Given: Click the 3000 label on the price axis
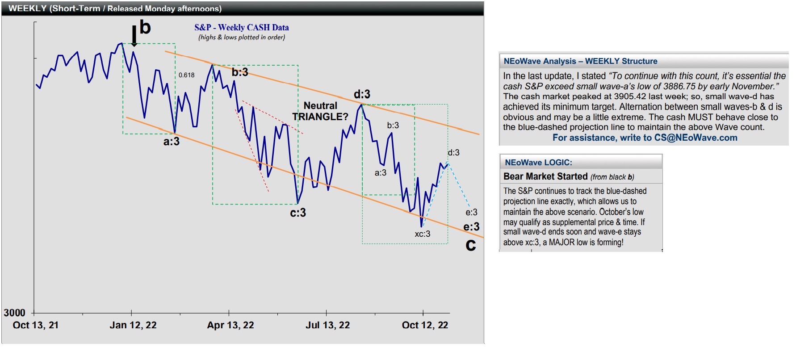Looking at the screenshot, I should pos(15,313).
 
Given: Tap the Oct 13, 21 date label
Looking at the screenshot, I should pos(36,325).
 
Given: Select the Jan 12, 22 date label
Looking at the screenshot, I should pos(133,325).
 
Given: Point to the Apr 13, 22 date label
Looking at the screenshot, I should pos(230,325).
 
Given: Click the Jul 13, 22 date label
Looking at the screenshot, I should pos(328,325).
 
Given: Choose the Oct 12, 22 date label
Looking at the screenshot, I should pos(425,325).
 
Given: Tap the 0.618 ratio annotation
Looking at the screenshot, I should pos(187,75).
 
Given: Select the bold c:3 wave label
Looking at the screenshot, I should pos(298,213).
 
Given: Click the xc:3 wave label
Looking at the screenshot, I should pos(422,234).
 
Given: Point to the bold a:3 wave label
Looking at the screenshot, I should pos(172,142).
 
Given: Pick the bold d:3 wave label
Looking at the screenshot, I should pos(362,94).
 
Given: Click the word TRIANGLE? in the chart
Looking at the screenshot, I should pos(320,117).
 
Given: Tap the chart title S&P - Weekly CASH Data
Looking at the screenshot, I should pos(242,27).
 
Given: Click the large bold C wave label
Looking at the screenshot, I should pos(471,245).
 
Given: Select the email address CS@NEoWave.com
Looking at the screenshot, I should pos(695,138).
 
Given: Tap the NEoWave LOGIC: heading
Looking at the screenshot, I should pos(538,163).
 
